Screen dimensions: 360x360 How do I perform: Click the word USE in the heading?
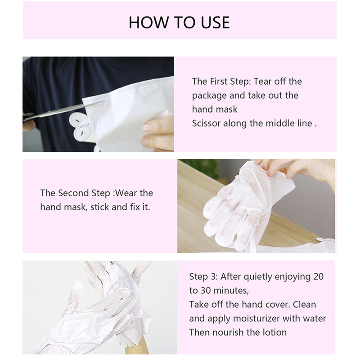[x=215, y=22]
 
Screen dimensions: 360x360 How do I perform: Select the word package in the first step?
[x=209, y=96]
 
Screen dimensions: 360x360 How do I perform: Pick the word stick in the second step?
[x=99, y=207]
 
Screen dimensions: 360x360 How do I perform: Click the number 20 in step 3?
[x=318, y=277]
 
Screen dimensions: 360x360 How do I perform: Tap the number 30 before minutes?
[x=206, y=291]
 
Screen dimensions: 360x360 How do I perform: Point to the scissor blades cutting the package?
[x=69, y=109]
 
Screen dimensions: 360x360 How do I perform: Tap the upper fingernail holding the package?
[x=147, y=126]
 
